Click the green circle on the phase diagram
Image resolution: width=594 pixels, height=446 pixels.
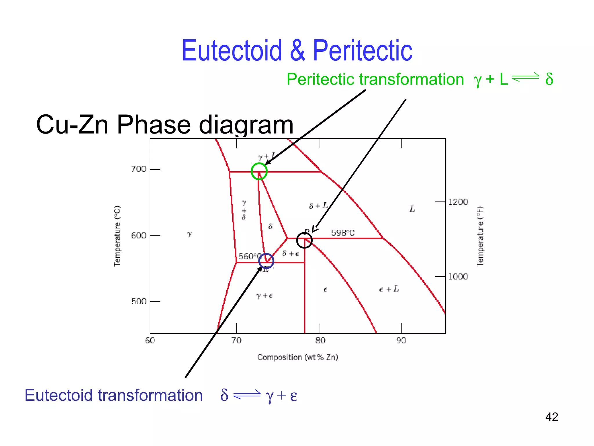(259, 171)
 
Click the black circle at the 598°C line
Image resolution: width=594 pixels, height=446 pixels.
(304, 240)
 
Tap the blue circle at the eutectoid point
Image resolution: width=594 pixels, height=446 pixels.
(266, 261)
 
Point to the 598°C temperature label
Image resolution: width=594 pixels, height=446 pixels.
(343, 233)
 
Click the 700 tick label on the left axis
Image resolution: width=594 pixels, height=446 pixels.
(139, 169)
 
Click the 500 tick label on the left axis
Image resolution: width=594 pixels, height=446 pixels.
(139, 301)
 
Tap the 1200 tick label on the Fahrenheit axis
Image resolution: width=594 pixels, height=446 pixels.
(458, 202)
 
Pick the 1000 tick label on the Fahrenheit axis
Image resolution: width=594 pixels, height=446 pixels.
(458, 276)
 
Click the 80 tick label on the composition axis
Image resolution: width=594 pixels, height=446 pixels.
(320, 340)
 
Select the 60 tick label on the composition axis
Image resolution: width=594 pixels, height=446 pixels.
(150, 340)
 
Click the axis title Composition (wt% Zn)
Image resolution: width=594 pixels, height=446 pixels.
(298, 357)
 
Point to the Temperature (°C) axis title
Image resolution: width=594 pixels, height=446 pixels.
(117, 236)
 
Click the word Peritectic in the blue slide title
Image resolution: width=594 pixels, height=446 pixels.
(362, 51)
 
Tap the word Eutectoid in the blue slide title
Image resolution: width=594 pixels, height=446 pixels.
(232, 51)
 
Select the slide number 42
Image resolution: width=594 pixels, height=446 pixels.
(551, 417)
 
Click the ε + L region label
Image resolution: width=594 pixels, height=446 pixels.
(389, 289)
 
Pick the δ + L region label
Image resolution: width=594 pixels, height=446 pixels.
(318, 206)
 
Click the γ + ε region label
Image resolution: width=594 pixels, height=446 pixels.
(264, 296)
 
